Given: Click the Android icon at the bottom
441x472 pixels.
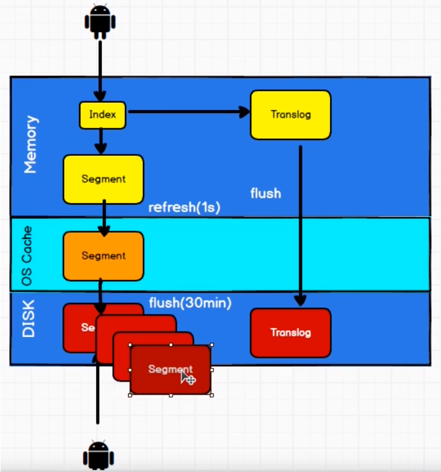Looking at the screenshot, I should (97, 454).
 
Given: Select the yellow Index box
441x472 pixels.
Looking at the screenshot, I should (102, 115).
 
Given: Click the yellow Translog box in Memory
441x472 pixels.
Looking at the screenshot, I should (290, 115).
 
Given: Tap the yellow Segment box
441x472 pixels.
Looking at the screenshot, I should (103, 179).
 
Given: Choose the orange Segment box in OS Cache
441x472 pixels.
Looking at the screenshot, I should (103, 256).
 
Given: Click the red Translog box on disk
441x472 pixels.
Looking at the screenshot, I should (290, 332).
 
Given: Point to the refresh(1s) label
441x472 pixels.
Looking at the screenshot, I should (184, 208).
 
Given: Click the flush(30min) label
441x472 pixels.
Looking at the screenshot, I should (190, 302).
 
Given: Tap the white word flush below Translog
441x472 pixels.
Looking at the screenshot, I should (265, 193).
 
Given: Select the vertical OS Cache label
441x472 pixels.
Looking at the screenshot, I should (27, 255).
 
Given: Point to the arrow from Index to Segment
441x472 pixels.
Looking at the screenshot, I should (101, 141).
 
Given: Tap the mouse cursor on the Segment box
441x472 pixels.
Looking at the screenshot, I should (187, 377).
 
